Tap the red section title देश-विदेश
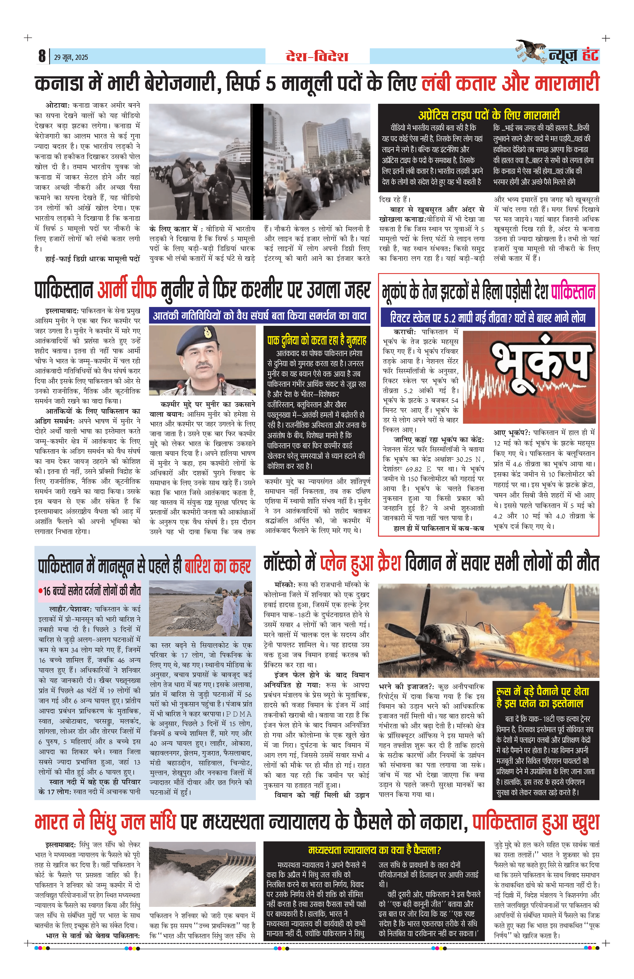coord(317,56)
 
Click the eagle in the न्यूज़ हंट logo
coord(531,51)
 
